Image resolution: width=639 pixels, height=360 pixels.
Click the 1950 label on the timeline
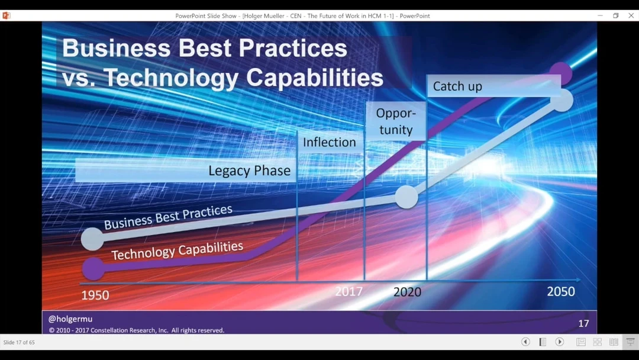(95, 295)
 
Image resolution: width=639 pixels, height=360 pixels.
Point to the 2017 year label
(349, 291)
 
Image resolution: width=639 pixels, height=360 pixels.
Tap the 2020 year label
(407, 292)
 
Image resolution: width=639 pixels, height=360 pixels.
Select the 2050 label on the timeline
(561, 291)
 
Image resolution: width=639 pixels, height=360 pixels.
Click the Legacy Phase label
(250, 171)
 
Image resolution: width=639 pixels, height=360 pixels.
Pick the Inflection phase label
(330, 142)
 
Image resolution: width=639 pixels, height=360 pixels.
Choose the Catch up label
(457, 86)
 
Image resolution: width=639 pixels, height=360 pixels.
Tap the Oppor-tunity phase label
(396, 121)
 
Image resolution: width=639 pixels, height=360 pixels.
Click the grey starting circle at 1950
(92, 239)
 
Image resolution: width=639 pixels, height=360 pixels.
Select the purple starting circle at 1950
(93, 269)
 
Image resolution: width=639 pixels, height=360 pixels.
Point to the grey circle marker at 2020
(406, 197)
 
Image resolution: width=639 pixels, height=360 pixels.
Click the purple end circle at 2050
(561, 73)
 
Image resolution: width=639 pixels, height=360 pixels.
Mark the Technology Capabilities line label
(177, 250)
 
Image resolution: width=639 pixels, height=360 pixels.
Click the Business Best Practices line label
(168, 217)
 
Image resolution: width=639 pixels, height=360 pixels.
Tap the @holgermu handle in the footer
(70, 319)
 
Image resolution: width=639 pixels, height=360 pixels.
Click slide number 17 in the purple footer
(583, 323)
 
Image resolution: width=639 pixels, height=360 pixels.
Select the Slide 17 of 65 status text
(19, 342)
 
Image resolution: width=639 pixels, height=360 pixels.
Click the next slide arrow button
(560, 342)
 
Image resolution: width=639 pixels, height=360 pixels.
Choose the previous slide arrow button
(526, 342)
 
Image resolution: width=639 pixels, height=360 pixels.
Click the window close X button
(631, 15)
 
